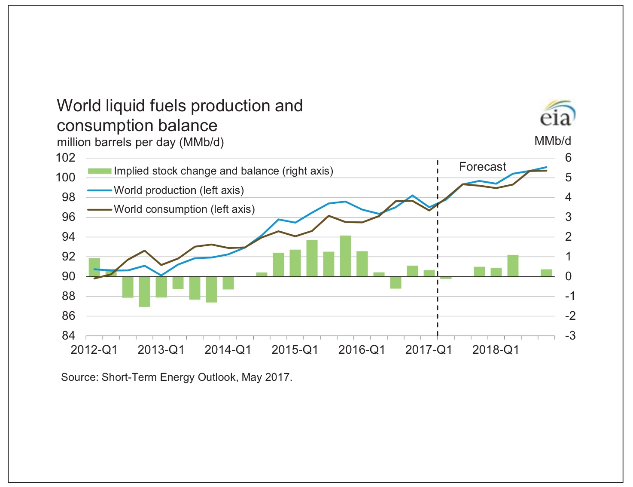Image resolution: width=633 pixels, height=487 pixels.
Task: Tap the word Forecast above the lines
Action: [x=482, y=167]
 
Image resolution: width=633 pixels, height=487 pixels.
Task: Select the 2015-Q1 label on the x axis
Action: [x=295, y=350]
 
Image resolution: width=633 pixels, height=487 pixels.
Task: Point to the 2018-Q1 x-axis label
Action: [x=496, y=350]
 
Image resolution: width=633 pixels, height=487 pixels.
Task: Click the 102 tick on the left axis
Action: [x=66, y=158]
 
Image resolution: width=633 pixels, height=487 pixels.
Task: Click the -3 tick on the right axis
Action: [x=569, y=336]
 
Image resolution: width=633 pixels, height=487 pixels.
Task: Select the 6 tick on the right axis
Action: [x=568, y=158]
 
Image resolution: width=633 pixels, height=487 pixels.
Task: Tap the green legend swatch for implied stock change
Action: [x=99, y=171]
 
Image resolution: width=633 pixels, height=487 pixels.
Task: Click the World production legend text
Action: [x=179, y=190]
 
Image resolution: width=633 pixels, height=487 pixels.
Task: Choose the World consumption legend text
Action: [x=184, y=209]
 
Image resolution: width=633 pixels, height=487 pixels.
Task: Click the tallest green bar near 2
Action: [x=345, y=256]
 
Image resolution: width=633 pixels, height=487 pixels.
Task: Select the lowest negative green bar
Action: [x=145, y=291]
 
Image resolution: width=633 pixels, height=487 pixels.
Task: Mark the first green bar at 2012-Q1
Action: [x=94, y=267]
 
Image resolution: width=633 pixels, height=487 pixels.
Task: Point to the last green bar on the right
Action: [x=546, y=273]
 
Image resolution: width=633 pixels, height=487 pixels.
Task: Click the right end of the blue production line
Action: [x=546, y=167]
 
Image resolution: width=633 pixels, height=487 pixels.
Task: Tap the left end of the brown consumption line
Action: [x=94, y=279]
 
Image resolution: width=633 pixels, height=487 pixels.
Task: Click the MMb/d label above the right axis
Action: [x=552, y=141]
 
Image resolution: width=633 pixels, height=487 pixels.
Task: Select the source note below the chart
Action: [x=177, y=377]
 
